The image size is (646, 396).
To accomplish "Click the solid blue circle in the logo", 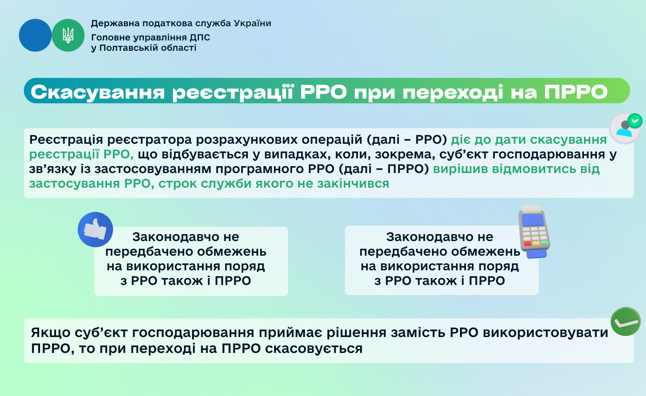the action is (x=35, y=35).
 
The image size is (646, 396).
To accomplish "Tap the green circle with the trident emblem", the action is (x=68, y=35).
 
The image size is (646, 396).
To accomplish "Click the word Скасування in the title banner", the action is (x=98, y=92).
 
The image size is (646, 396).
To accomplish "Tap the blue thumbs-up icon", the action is (x=95, y=229).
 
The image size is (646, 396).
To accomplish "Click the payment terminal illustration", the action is (x=534, y=232).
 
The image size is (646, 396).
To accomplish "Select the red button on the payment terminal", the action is (x=528, y=244).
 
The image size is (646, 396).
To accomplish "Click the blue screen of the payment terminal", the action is (x=533, y=220).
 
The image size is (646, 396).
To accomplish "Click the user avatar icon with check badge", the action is (x=625, y=129).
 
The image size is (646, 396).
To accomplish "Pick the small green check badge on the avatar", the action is (x=635, y=121).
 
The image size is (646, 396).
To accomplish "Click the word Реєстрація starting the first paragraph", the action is (x=66, y=140).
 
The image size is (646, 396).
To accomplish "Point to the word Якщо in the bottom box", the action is (x=50, y=333).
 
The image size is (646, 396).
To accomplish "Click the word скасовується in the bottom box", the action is (x=314, y=349).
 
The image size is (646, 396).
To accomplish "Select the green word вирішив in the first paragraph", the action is (x=460, y=169).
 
